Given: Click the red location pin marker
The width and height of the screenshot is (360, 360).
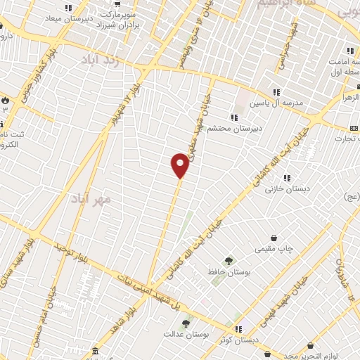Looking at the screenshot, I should pos(180,165).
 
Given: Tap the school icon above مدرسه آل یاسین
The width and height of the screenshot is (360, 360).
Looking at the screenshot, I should pos(276,91).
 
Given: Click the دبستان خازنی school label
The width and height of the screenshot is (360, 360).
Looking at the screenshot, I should pos(283,190).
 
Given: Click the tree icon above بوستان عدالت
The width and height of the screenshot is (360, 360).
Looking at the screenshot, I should pos(186,323).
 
